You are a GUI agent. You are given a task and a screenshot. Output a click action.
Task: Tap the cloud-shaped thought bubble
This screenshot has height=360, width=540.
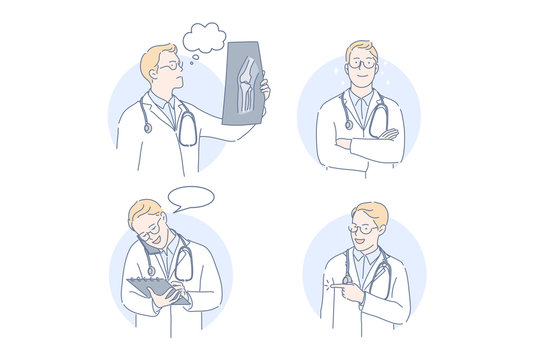(x=204, y=38)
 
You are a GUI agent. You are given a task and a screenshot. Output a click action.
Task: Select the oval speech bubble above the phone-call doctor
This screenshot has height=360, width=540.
(x=191, y=198)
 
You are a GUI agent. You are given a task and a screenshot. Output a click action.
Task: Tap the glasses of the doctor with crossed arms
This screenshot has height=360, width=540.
(x=361, y=63)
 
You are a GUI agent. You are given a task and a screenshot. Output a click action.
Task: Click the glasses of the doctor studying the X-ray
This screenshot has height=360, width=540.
(x=172, y=66)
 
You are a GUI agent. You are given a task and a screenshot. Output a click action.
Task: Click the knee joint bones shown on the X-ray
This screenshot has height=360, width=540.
(x=246, y=82)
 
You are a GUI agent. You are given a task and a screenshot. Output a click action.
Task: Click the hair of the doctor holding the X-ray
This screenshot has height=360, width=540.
(x=157, y=54)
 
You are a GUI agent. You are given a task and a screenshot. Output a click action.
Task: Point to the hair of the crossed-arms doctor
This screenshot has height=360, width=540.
(x=362, y=48)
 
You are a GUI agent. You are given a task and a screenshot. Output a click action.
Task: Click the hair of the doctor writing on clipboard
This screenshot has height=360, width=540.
(x=142, y=211)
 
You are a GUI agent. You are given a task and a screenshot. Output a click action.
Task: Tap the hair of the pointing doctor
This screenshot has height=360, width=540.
(x=371, y=212)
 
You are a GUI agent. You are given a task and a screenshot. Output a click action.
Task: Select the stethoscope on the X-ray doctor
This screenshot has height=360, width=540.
(x=186, y=128)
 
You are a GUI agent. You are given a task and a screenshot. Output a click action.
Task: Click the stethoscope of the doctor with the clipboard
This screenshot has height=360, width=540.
(x=183, y=265)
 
